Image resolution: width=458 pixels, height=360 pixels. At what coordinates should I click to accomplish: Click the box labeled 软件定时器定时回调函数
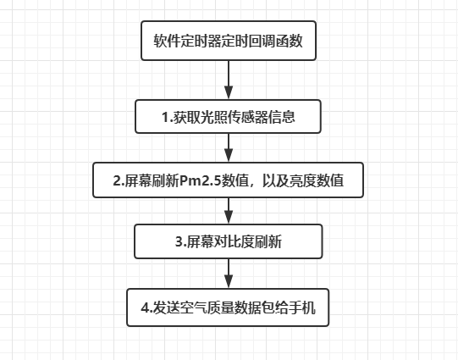tap(229, 41)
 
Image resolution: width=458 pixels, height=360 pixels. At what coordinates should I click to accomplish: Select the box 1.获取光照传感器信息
tap(228, 117)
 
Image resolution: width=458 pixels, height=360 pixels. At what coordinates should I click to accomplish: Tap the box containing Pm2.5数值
tap(228, 180)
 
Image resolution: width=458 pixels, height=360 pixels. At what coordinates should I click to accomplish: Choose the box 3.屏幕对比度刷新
tap(229, 241)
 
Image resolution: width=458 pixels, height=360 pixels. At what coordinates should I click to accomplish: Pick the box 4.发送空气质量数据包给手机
tap(228, 307)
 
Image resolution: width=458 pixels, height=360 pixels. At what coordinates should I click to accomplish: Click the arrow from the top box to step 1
tap(229, 80)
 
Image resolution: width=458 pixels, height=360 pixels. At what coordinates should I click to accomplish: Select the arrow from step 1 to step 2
tap(229, 147)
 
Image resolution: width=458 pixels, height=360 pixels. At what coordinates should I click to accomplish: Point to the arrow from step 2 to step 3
tap(229, 211)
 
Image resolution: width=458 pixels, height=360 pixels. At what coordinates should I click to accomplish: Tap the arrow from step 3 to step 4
tap(229, 274)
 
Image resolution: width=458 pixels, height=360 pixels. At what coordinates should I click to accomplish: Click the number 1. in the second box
tap(168, 117)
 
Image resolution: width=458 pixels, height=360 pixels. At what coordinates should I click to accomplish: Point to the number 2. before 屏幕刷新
tap(119, 180)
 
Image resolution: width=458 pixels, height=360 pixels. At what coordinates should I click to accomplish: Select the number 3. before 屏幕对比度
tap(181, 242)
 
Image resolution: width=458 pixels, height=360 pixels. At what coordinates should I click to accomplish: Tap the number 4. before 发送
tap(147, 308)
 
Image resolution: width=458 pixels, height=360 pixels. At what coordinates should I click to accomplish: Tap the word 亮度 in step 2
tap(303, 180)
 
